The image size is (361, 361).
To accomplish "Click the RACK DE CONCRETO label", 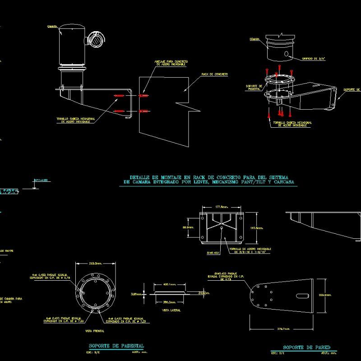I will click(214, 74).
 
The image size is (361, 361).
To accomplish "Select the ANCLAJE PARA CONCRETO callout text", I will click(171, 63).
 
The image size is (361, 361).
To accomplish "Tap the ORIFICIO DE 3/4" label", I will click(313, 58).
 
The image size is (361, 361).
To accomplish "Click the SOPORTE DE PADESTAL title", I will click(116, 346).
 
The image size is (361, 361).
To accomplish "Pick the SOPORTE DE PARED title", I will click(306, 347).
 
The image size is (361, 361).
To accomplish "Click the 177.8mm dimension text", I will click(221, 207).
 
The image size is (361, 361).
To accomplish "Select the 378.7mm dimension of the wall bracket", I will click(283, 329).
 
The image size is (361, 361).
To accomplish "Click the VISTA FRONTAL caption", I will click(94, 331).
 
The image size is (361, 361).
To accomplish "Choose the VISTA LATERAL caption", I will click(170, 310).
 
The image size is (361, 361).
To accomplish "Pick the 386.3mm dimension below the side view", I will click(170, 302).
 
